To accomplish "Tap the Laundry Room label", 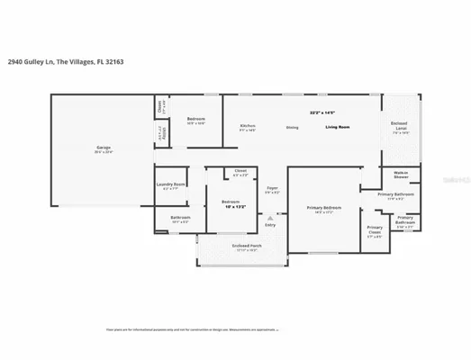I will (x=170, y=184).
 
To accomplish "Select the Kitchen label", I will (x=247, y=126).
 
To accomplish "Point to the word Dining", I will (x=292, y=127).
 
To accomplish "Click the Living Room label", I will (x=338, y=127).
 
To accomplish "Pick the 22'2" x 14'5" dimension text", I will (x=322, y=112).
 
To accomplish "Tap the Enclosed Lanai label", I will (x=399, y=124).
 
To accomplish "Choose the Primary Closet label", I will (x=375, y=229).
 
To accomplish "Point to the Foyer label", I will (x=271, y=187).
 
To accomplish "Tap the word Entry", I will (x=269, y=224).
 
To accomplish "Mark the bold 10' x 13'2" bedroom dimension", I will (x=232, y=204).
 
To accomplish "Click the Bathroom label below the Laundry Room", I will (x=169, y=217).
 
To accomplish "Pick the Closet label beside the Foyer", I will (x=240, y=170).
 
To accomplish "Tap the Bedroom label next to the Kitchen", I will (x=196, y=119).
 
